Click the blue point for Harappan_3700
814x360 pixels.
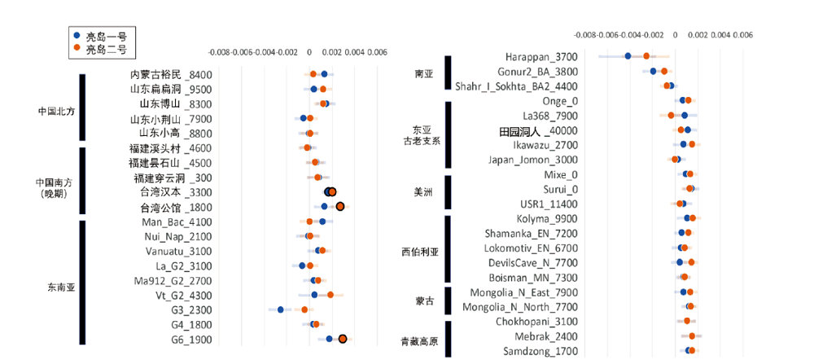[628, 56]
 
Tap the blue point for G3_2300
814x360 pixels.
[280, 310]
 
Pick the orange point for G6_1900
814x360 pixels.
[343, 339]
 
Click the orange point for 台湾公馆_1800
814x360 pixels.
[340, 206]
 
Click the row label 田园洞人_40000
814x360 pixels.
[537, 130]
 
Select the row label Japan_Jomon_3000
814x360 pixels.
[533, 160]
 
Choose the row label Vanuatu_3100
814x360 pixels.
[177, 251]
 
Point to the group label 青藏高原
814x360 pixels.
[420, 341]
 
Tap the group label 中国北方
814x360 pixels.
[56, 112]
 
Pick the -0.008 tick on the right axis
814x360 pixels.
[585, 36]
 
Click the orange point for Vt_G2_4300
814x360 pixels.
[330, 295]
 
